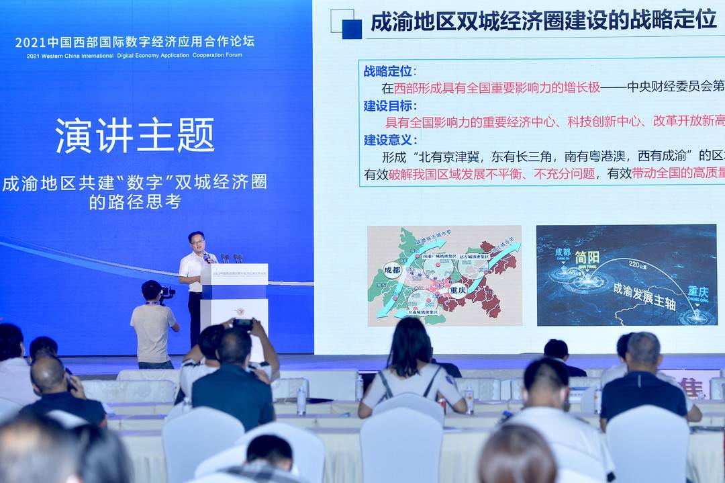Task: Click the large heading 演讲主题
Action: click(x=135, y=136)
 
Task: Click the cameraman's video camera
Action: click(x=166, y=292)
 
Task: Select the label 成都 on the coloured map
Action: click(x=391, y=269)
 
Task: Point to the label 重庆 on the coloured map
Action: click(x=458, y=291)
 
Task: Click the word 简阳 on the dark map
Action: click(x=587, y=257)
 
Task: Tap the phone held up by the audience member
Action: click(x=243, y=324)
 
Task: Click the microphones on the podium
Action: click(x=228, y=258)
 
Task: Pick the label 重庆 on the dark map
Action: click(x=697, y=292)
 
